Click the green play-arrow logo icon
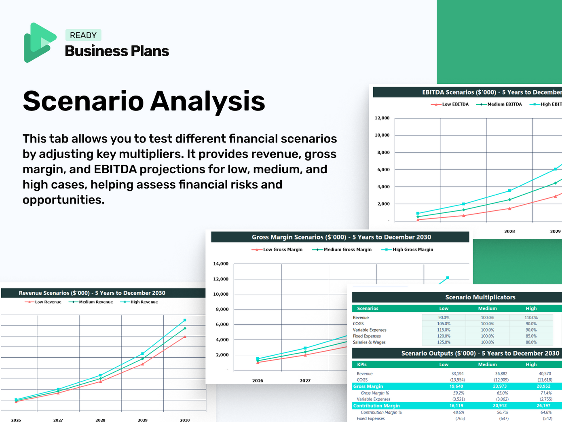click(40, 42)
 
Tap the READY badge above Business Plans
click(83, 35)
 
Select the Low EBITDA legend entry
click(450, 104)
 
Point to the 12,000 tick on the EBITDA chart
click(382, 118)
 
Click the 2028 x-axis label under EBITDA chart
click(509, 231)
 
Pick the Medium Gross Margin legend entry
click(342, 250)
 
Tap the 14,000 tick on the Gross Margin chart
click(221, 264)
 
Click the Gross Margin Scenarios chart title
click(341, 237)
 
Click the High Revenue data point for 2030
click(185, 320)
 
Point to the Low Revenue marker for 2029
click(142, 364)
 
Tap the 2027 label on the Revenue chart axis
click(58, 420)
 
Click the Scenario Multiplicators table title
click(480, 297)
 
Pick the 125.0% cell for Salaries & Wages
click(444, 342)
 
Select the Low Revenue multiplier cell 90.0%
click(444, 318)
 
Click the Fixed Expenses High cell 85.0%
click(531, 336)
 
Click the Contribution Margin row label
click(376, 406)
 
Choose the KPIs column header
click(362, 365)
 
